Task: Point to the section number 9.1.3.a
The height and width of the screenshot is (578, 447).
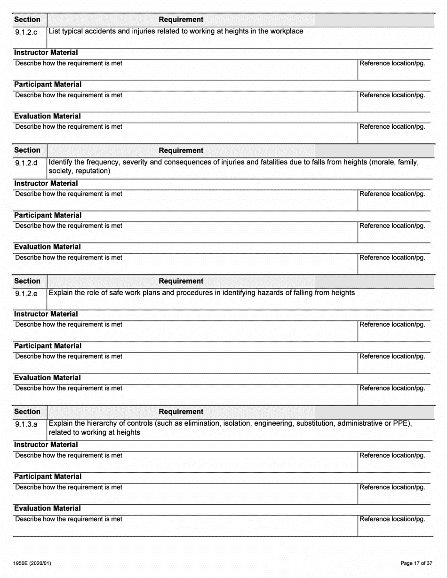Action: coord(27,425)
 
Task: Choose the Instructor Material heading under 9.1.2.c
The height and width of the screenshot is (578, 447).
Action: coord(46,53)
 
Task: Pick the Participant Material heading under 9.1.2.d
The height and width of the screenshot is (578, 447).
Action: coord(48,215)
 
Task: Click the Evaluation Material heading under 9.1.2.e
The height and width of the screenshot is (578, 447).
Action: coord(47,378)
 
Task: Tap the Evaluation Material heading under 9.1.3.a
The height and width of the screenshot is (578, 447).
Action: coord(47,508)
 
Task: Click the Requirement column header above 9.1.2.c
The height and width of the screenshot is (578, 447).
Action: coord(181,20)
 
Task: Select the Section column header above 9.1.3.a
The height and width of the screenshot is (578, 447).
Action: coord(27,412)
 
